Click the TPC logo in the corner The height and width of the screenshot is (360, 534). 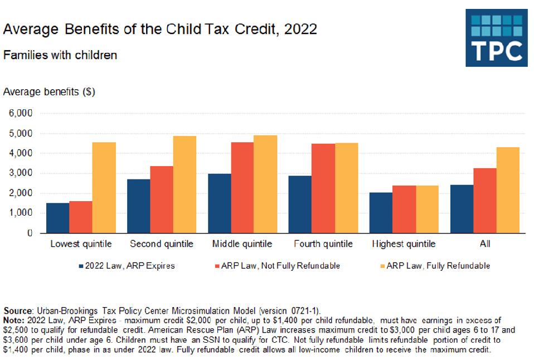click(496, 37)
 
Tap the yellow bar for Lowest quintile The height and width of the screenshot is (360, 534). click(104, 188)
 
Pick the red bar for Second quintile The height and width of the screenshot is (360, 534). click(162, 200)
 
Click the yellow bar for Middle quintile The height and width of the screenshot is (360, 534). click(265, 184)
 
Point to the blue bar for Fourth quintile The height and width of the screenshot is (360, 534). click(300, 205)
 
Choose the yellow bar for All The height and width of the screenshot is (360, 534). click(508, 190)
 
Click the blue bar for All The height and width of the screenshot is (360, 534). click(462, 209)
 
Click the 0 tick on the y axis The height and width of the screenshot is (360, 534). click(28, 233)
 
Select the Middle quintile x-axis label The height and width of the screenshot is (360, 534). click(242, 244)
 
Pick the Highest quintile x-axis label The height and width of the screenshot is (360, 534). click(404, 244)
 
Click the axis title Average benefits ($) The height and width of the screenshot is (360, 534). click(49, 92)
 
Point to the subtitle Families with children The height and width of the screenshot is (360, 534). click(60, 55)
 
